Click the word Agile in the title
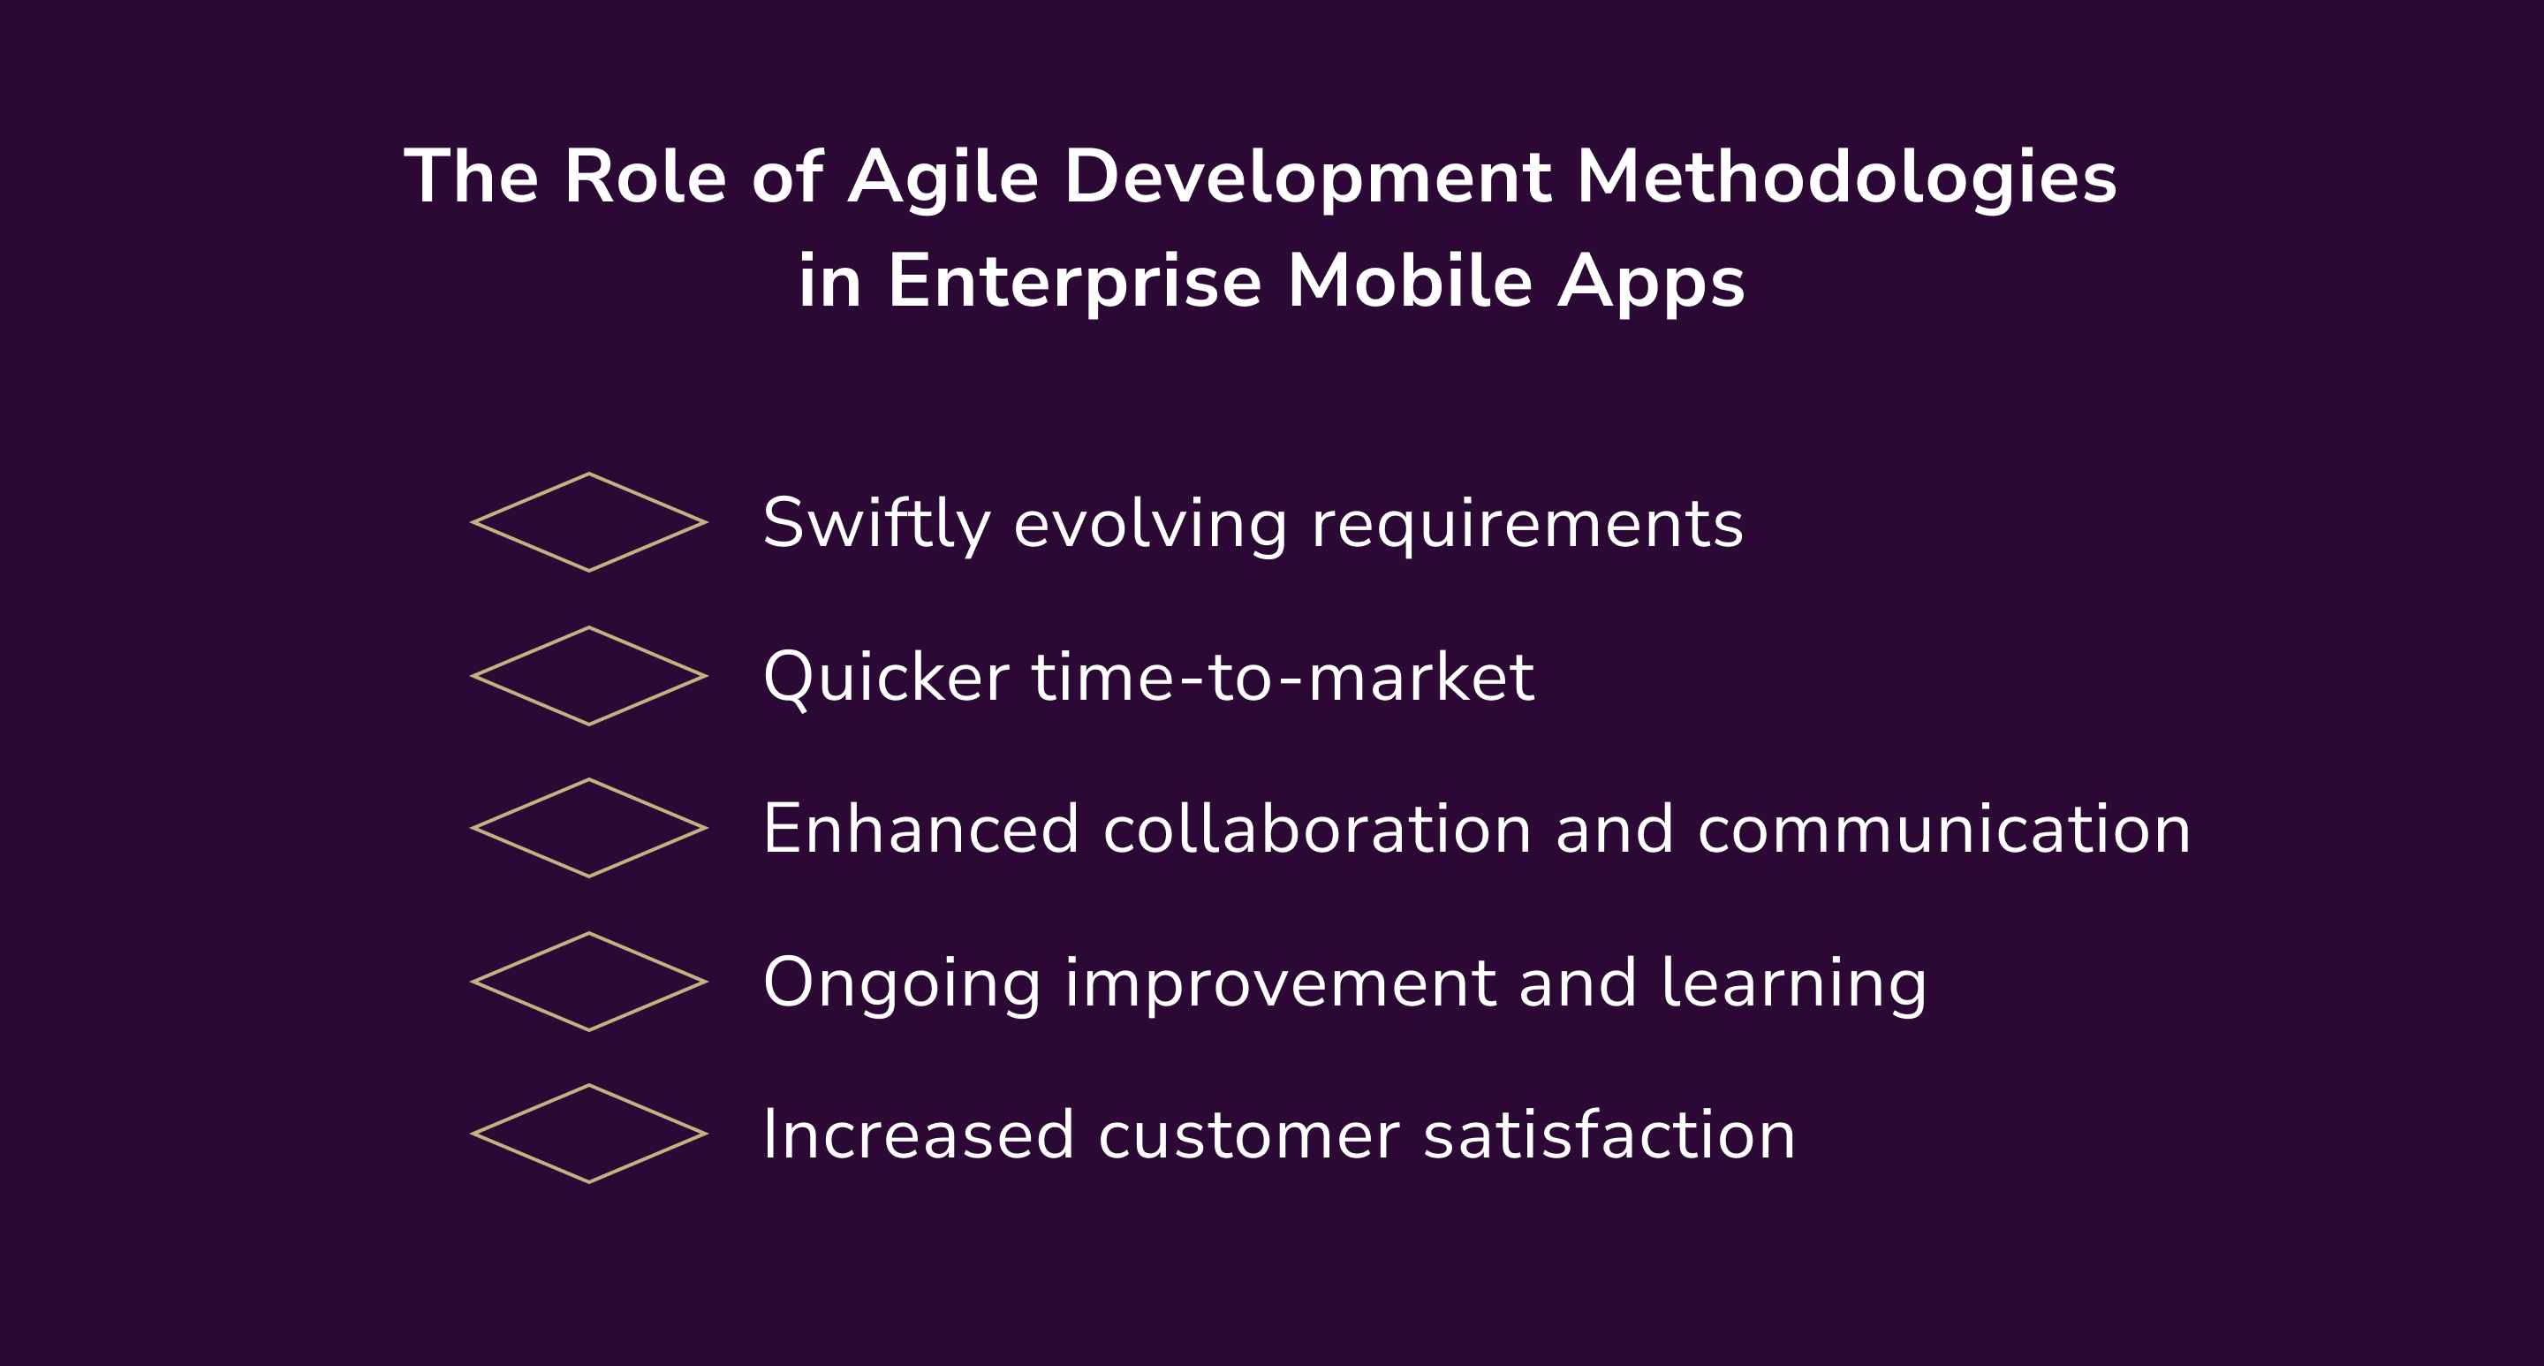[x=943, y=178]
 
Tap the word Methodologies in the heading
[x=1846, y=178]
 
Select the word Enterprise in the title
[x=1074, y=283]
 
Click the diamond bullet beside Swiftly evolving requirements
[x=588, y=522]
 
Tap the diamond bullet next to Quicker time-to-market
[x=588, y=676]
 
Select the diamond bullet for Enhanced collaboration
[x=588, y=828]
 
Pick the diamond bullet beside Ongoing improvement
[x=588, y=982]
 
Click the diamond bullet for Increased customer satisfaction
[x=588, y=1134]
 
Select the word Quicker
[x=886, y=678]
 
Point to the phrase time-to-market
[x=1283, y=678]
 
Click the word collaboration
[x=1316, y=829]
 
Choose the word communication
[x=1943, y=829]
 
